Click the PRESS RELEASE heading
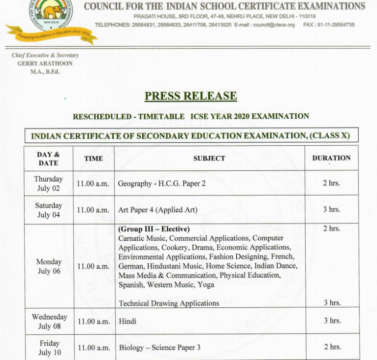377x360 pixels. (190, 96)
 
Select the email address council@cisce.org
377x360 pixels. (274, 25)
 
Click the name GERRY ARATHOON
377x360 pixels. (45, 64)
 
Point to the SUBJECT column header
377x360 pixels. (209, 159)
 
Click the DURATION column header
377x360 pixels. (331, 158)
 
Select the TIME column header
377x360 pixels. (94, 159)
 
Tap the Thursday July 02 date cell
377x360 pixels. (48, 184)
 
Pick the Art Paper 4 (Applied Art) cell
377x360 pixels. (157, 210)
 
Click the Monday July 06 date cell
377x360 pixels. (49, 266)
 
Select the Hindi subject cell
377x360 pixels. (127, 321)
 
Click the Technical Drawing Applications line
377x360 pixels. (169, 303)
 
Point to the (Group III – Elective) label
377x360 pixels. (154, 229)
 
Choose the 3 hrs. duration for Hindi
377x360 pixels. (332, 321)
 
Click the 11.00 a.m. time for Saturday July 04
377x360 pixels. (93, 210)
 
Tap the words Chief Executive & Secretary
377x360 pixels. (45, 56)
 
